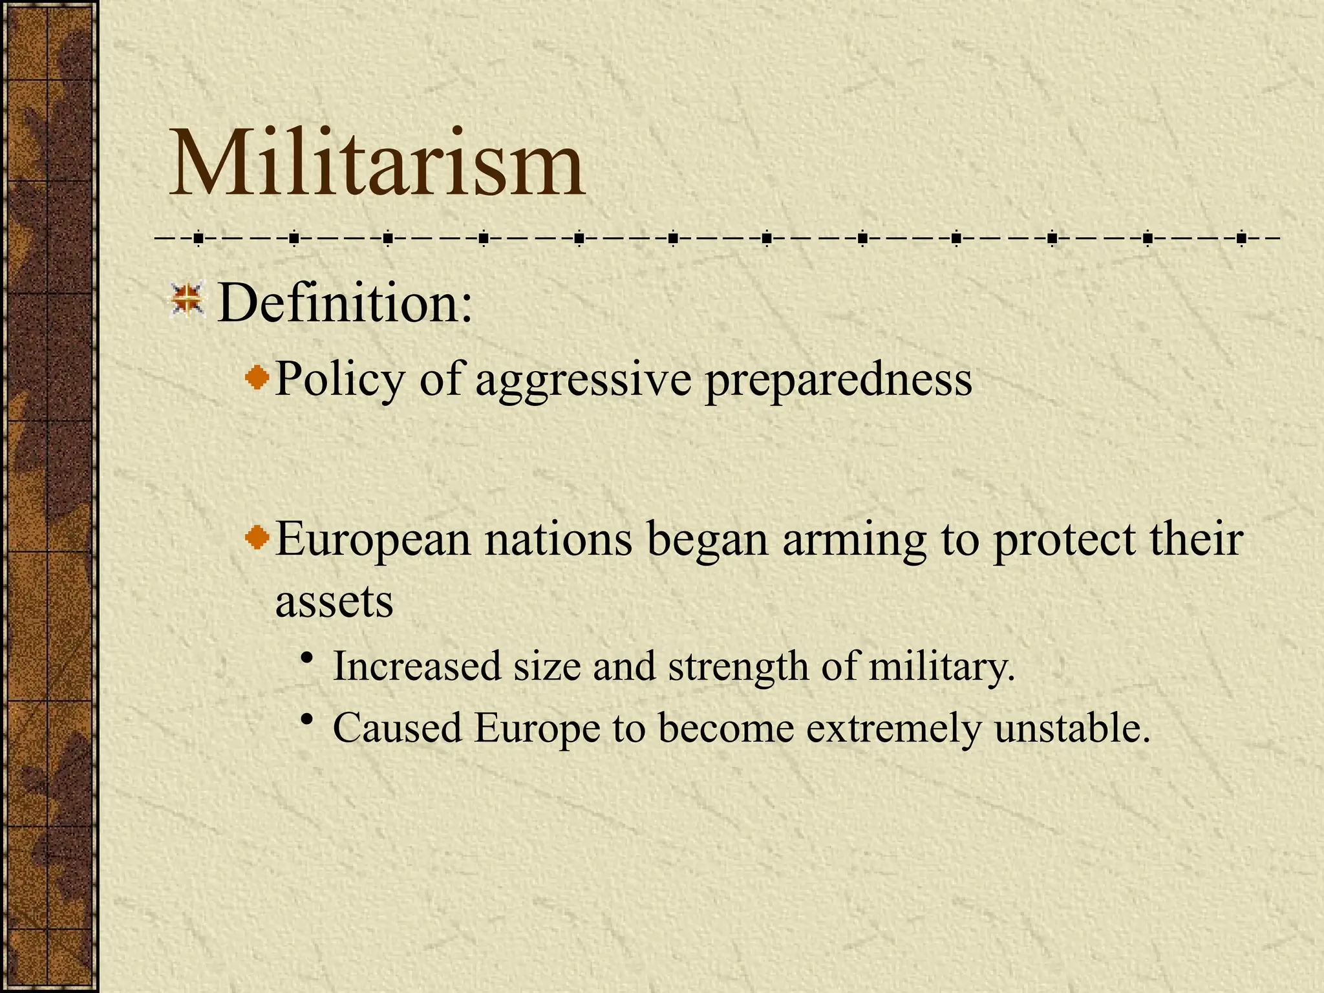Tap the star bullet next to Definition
[187, 301]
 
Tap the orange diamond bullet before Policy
[258, 377]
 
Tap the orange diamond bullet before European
[258, 537]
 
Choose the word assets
[334, 603]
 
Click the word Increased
[417, 666]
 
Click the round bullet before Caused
[308, 720]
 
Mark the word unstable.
[1073, 729]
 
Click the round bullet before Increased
[308, 658]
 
